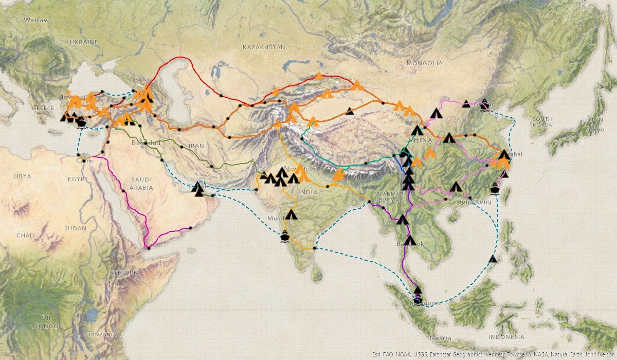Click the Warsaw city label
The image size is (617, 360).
pos(36,20)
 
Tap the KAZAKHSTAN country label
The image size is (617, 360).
pos(264,47)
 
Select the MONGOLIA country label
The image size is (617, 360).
pos(424,63)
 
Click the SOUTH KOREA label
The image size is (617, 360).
pos(542,122)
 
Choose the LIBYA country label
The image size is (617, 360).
pos(22,176)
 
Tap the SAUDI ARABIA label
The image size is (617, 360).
pos(141,184)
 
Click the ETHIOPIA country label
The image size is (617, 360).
pos(124,273)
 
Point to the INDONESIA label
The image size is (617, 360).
pos(506,337)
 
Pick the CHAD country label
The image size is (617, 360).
pos(25,235)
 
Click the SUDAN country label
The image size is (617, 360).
pos(76,228)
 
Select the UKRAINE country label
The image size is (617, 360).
pos(84,42)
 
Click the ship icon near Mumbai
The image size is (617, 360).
pos(284,237)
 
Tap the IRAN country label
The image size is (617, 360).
pos(196,146)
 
